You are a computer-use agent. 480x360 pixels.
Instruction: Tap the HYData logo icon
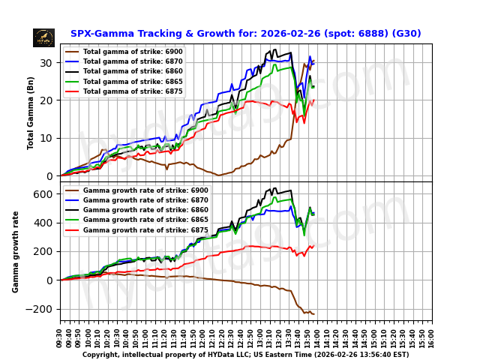(43, 37)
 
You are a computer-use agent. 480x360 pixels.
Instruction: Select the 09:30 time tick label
(61, 336)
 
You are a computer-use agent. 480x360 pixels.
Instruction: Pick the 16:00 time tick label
(432, 336)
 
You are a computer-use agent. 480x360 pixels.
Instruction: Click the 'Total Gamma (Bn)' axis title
(31, 112)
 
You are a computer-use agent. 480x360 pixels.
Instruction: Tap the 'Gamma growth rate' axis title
(16, 251)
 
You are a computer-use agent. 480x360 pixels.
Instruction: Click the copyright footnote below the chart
(245, 355)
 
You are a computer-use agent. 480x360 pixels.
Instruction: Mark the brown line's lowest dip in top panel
(219, 175)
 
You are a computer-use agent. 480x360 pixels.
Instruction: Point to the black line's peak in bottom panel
(274, 188)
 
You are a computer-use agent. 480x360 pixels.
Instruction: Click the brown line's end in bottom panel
(313, 313)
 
